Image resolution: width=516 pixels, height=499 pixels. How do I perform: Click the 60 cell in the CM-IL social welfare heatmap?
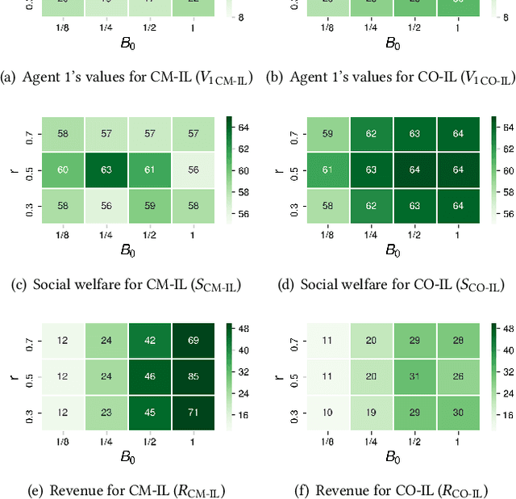tap(62, 171)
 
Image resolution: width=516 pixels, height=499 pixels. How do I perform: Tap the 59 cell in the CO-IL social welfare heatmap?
tap(327, 133)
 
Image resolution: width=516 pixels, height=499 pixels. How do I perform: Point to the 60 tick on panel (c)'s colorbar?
tap(242, 171)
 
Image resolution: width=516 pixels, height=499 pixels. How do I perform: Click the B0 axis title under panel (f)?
tap(393, 456)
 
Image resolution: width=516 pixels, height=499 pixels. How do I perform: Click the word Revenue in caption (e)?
tap(78, 490)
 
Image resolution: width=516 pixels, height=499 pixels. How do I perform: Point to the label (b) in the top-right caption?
tap(273, 78)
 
